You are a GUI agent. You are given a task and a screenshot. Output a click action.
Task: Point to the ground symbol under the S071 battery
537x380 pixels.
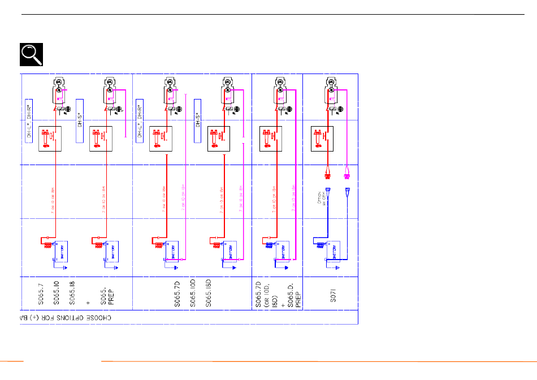[x=337, y=267]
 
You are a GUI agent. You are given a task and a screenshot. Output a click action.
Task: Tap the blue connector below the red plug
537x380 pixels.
[x=327, y=191]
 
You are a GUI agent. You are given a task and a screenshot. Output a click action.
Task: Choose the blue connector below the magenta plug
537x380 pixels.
[x=348, y=191]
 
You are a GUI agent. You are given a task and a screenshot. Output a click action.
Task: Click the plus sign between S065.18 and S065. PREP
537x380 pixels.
[x=87, y=302]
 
